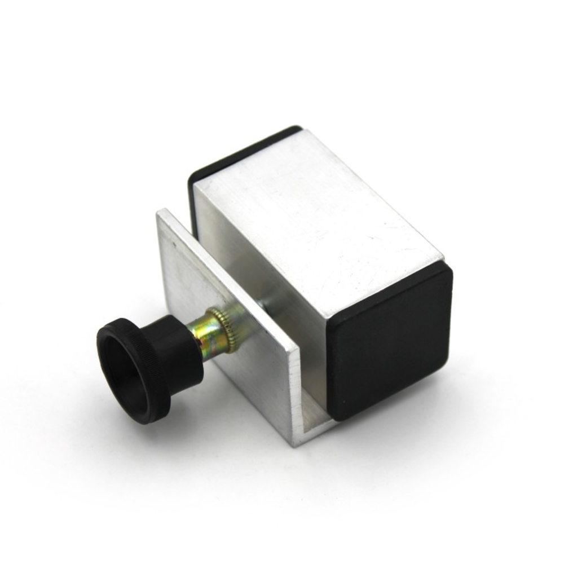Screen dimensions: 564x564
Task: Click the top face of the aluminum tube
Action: tap(316, 214)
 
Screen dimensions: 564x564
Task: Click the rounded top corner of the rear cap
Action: tap(293, 129)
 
